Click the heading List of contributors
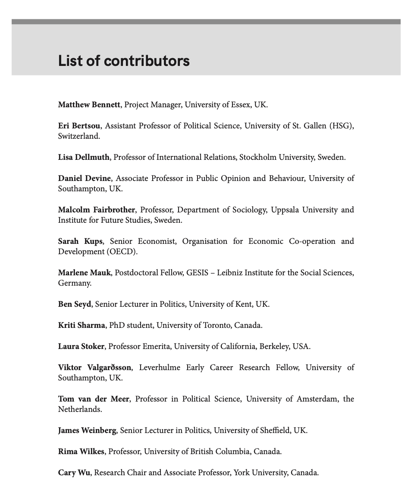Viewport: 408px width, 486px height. [x=124, y=61]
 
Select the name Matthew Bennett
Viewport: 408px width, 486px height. [x=89, y=105]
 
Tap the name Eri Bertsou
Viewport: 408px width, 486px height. [x=79, y=126]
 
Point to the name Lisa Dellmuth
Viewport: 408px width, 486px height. [x=84, y=157]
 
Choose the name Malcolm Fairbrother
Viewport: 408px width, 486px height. [x=97, y=210]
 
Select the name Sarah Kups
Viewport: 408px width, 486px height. [x=80, y=241]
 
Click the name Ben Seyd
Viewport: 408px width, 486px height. [x=75, y=304]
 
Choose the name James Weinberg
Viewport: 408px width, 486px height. [x=87, y=430]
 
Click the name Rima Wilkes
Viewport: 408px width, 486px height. [x=81, y=452]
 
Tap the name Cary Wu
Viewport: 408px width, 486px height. [x=74, y=473]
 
